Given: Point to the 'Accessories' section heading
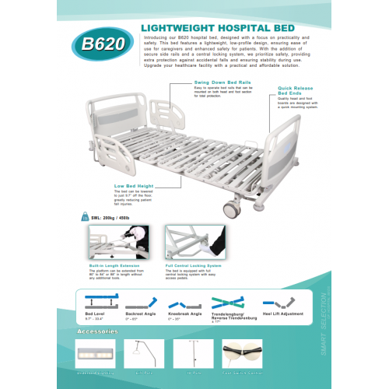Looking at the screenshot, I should [x=97, y=331].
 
